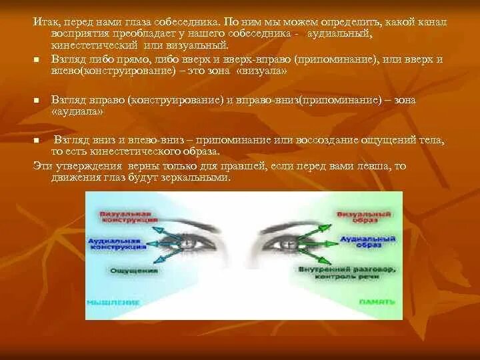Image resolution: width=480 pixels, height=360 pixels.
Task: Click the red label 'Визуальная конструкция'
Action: [129, 217]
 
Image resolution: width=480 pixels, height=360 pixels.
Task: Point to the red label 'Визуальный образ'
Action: [357, 217]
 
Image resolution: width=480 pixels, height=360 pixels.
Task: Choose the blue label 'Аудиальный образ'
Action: [360, 241]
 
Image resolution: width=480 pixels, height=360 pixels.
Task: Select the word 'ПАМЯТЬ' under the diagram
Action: [373, 301]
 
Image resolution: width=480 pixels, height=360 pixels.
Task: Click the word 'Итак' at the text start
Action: [44, 22]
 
